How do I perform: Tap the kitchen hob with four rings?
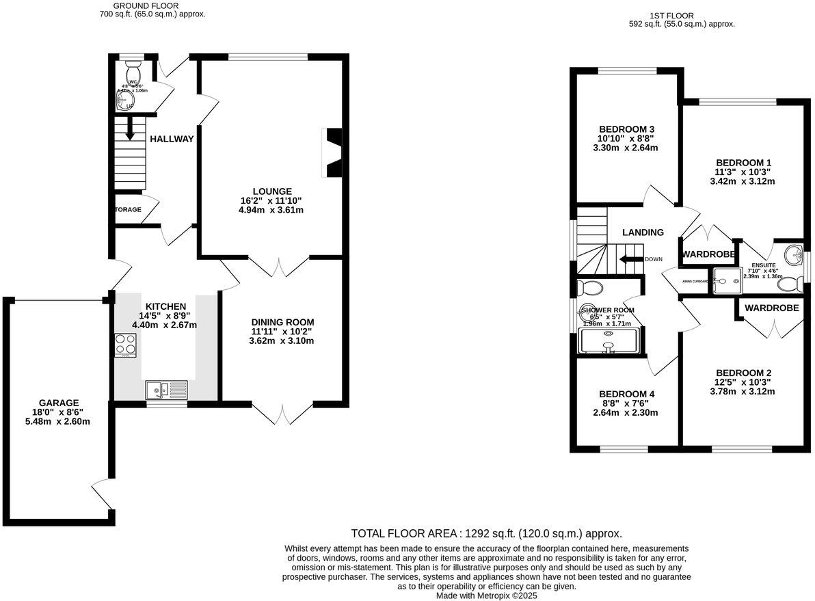click(x=125, y=345)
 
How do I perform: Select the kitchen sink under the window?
click(x=165, y=390)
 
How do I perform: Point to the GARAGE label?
click(x=59, y=403)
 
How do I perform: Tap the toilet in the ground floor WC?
click(x=133, y=70)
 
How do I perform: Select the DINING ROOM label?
click(x=282, y=322)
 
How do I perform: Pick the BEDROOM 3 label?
click(x=627, y=129)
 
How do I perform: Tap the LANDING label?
click(x=643, y=232)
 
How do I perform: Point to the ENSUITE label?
click(x=763, y=265)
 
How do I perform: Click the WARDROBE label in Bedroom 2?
click(x=771, y=308)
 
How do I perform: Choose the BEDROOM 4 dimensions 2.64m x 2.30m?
click(x=625, y=412)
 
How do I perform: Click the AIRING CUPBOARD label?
click(x=694, y=280)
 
